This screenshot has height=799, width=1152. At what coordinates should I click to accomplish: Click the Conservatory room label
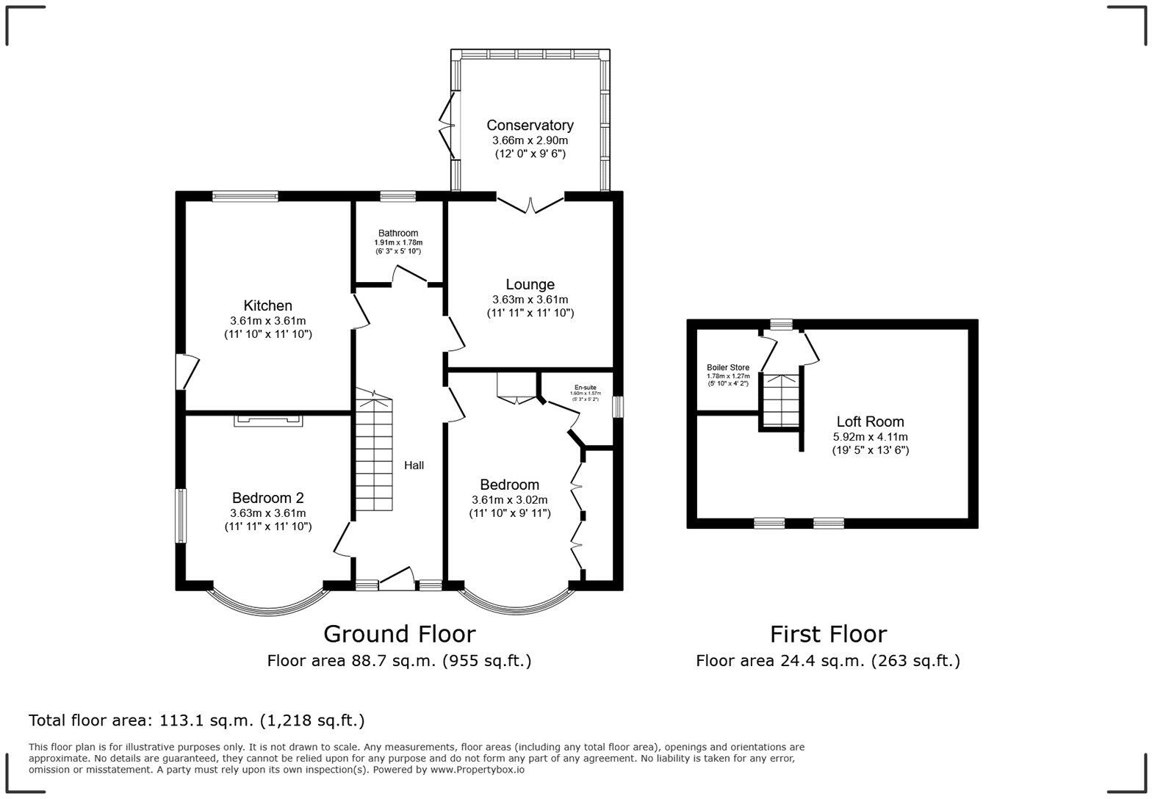coord(530,126)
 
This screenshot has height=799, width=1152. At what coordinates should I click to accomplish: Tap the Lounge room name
coord(530,285)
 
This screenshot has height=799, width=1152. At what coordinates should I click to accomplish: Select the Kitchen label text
coord(267,305)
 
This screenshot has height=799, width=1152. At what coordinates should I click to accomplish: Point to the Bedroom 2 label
coord(267,498)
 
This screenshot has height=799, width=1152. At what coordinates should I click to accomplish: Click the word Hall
coord(414,465)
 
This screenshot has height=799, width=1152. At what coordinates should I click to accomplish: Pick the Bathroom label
coord(398,234)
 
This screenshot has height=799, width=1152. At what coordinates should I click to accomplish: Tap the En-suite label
coord(585,387)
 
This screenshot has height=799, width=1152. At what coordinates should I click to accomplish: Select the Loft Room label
coord(870,422)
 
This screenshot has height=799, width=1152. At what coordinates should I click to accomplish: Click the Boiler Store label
coord(727,367)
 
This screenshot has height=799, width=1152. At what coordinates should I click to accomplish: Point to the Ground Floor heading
coord(399,634)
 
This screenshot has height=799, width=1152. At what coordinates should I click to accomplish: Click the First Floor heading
coord(828,634)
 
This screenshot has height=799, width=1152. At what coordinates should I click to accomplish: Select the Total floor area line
coord(196,720)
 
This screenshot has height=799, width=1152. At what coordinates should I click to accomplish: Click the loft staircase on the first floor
coord(780,400)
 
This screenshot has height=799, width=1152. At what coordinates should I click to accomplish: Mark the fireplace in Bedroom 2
coord(268,420)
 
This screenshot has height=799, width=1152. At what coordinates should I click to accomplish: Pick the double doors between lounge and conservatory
coord(530,204)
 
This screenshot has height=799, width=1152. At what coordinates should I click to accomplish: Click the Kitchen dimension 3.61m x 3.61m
coord(267,321)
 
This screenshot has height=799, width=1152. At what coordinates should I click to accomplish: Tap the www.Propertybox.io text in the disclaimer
coord(477,770)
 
